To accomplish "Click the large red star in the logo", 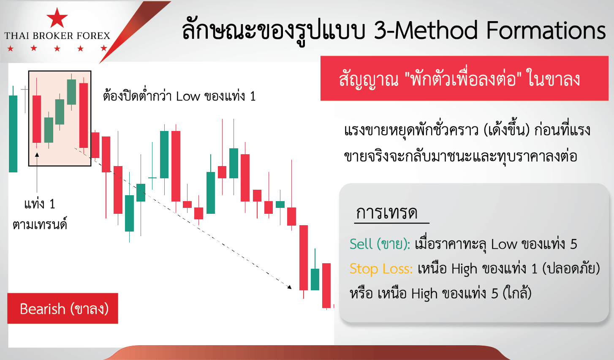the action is tap(57, 18).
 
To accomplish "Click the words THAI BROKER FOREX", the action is tap(57, 36).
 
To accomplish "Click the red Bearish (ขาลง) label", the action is tap(63, 308).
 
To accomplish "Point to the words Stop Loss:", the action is tap(381, 269).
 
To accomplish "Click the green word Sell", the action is tap(361, 244).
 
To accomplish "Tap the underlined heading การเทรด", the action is tap(386, 213).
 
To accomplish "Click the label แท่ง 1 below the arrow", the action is tap(40, 204).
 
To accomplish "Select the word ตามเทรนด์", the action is tap(40, 224).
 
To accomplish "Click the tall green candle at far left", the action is tap(13, 129).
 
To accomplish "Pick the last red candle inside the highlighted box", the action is tap(84, 115).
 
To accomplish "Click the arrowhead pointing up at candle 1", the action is tap(37, 155).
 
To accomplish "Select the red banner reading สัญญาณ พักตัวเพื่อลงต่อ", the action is tap(465, 79).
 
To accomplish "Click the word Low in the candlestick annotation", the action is tap(188, 96).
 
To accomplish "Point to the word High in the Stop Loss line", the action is tap(465, 269).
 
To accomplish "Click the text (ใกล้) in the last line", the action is tap(517, 293).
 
